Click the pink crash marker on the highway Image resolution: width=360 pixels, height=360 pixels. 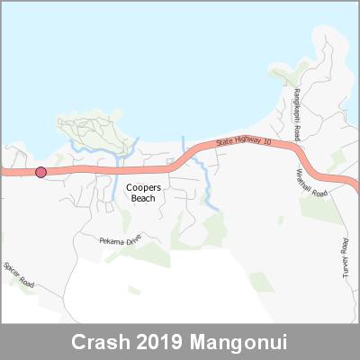(x=40, y=173)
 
